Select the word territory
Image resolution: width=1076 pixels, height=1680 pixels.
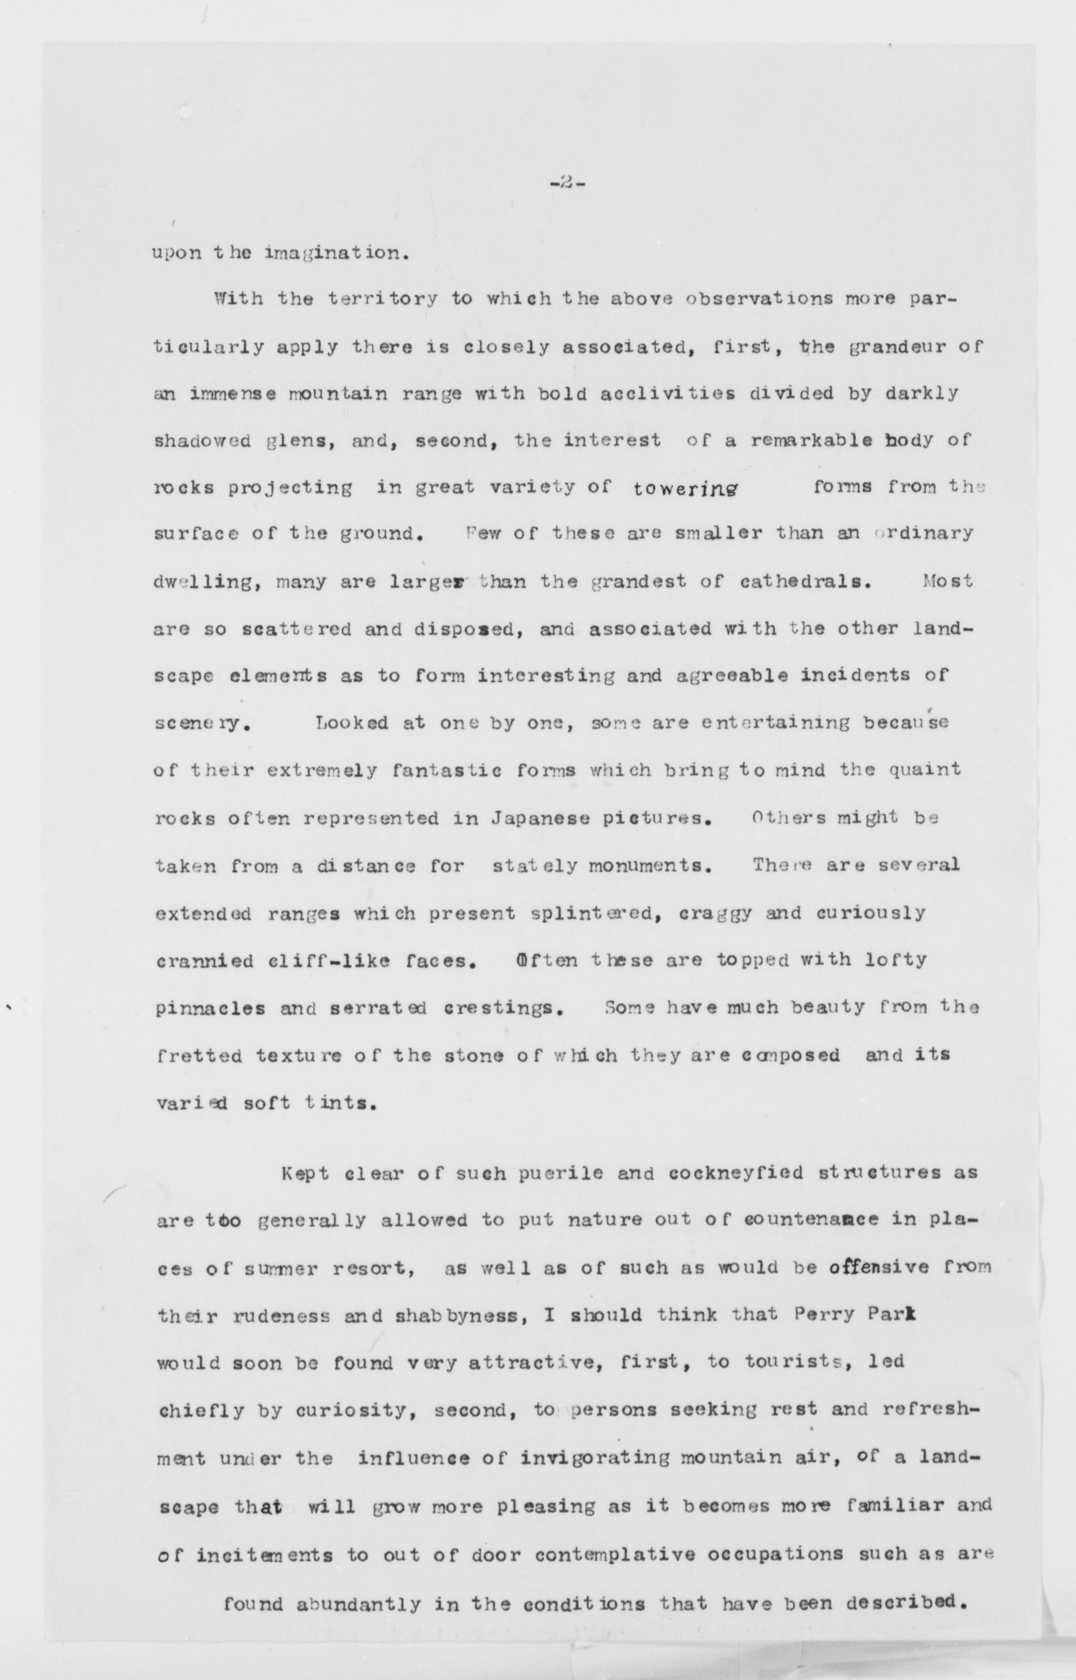(x=383, y=300)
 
